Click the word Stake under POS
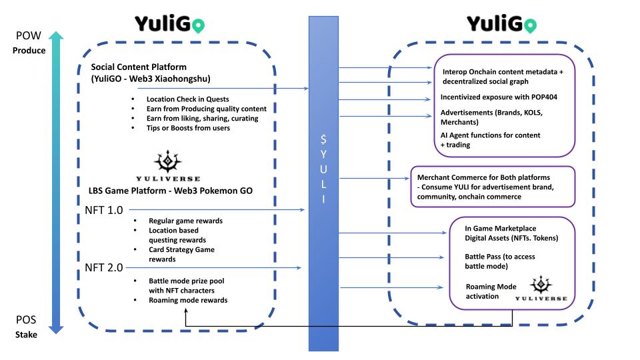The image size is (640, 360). [26, 334]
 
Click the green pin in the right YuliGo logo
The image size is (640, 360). [530, 25]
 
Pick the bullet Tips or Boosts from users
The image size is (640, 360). [189, 127]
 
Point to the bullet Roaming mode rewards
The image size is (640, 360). [188, 300]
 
